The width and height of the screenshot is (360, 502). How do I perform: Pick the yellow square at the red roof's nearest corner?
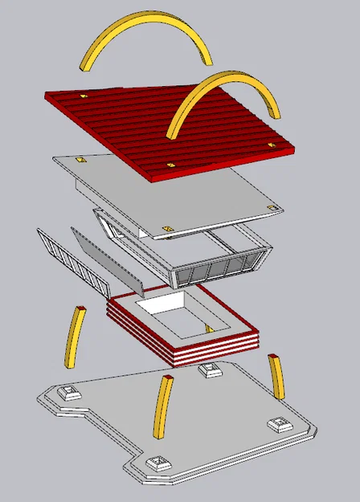click(170, 164)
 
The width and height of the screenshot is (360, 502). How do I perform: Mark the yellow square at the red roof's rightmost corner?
click(270, 145)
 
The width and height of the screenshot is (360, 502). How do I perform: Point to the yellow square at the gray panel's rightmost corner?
click(271, 207)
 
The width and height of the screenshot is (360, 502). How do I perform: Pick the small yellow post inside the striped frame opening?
click(208, 329)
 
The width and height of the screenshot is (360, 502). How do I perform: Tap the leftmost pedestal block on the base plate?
click(71, 394)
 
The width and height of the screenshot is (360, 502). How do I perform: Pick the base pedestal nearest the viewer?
click(157, 463)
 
